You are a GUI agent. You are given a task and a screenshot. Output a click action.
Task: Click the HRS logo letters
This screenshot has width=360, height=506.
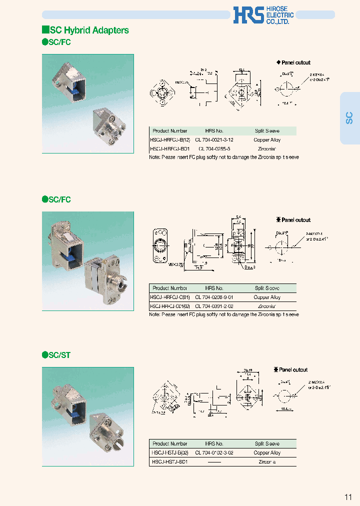pos(247,15)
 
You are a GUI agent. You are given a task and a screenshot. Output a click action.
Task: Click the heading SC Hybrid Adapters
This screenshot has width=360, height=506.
pos(89,30)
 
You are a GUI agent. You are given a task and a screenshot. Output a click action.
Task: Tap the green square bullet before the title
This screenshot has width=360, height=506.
pos(45,30)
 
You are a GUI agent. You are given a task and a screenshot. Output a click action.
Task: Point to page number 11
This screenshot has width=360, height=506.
pos(348,496)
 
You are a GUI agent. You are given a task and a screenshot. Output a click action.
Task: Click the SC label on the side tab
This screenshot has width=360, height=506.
pos(349,118)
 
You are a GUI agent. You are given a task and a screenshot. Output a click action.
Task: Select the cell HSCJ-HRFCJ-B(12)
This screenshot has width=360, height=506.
pos(170,140)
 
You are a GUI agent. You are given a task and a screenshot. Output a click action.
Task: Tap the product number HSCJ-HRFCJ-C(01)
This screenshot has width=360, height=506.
pos(170,297)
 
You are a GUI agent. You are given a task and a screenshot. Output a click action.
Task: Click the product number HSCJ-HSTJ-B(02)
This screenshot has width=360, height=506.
pos(170,452)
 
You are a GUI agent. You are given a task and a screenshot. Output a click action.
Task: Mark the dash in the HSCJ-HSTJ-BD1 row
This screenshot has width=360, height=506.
pos(214,462)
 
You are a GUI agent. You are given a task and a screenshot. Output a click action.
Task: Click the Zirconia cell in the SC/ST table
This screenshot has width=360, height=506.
pos(267,462)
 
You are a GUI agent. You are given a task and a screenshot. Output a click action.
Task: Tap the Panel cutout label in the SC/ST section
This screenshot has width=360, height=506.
pos(293,369)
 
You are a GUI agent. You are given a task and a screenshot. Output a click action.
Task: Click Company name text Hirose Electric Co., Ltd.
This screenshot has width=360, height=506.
pos(279,15)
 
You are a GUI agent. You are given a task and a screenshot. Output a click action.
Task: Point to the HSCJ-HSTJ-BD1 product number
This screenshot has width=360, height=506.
pos(169,462)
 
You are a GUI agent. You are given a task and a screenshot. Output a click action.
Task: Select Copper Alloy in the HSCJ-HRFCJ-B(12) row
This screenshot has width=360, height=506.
pos(267,140)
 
